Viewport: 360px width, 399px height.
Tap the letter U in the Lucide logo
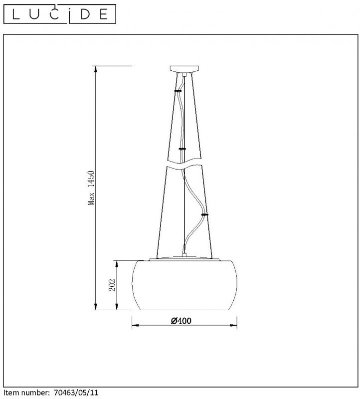coord(34,14)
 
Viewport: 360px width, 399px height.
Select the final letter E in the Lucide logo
coord(103,14)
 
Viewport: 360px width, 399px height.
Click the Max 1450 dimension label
coord(91,188)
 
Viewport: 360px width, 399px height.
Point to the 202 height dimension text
coord(112,285)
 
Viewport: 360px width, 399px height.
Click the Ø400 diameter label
coord(181,321)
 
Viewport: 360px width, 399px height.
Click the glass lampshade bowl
coord(184,287)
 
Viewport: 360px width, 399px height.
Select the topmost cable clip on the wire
coord(178,91)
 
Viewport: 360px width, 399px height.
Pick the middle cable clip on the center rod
coord(182,149)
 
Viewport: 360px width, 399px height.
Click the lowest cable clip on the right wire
coord(204,214)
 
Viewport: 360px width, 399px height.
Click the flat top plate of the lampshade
coord(184,259)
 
